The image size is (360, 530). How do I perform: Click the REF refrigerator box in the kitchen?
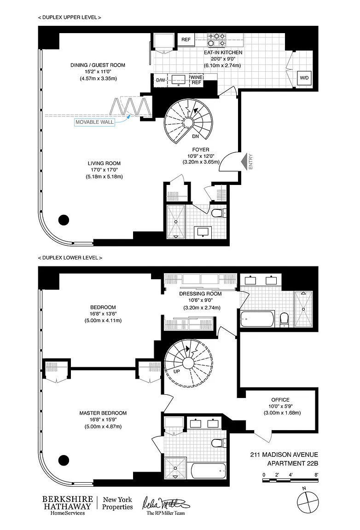186,40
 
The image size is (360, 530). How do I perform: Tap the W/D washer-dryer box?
304,78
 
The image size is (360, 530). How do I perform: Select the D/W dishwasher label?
160,80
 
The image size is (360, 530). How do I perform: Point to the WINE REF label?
196,80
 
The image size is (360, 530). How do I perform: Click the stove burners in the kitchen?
216,40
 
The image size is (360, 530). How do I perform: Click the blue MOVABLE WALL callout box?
94,122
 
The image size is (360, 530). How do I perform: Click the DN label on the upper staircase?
195,137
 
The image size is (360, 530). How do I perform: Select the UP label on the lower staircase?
177,371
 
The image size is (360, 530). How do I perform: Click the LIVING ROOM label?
104,163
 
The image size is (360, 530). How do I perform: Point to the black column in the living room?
64,220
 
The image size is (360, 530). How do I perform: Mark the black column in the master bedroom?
64,460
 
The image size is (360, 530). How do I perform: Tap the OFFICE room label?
280,400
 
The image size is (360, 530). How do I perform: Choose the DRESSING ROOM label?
200,294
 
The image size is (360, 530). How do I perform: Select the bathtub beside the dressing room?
257,319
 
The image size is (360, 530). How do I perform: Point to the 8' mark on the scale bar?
316,475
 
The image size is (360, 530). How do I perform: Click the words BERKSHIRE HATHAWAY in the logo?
67,502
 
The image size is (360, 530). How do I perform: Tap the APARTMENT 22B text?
293,463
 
